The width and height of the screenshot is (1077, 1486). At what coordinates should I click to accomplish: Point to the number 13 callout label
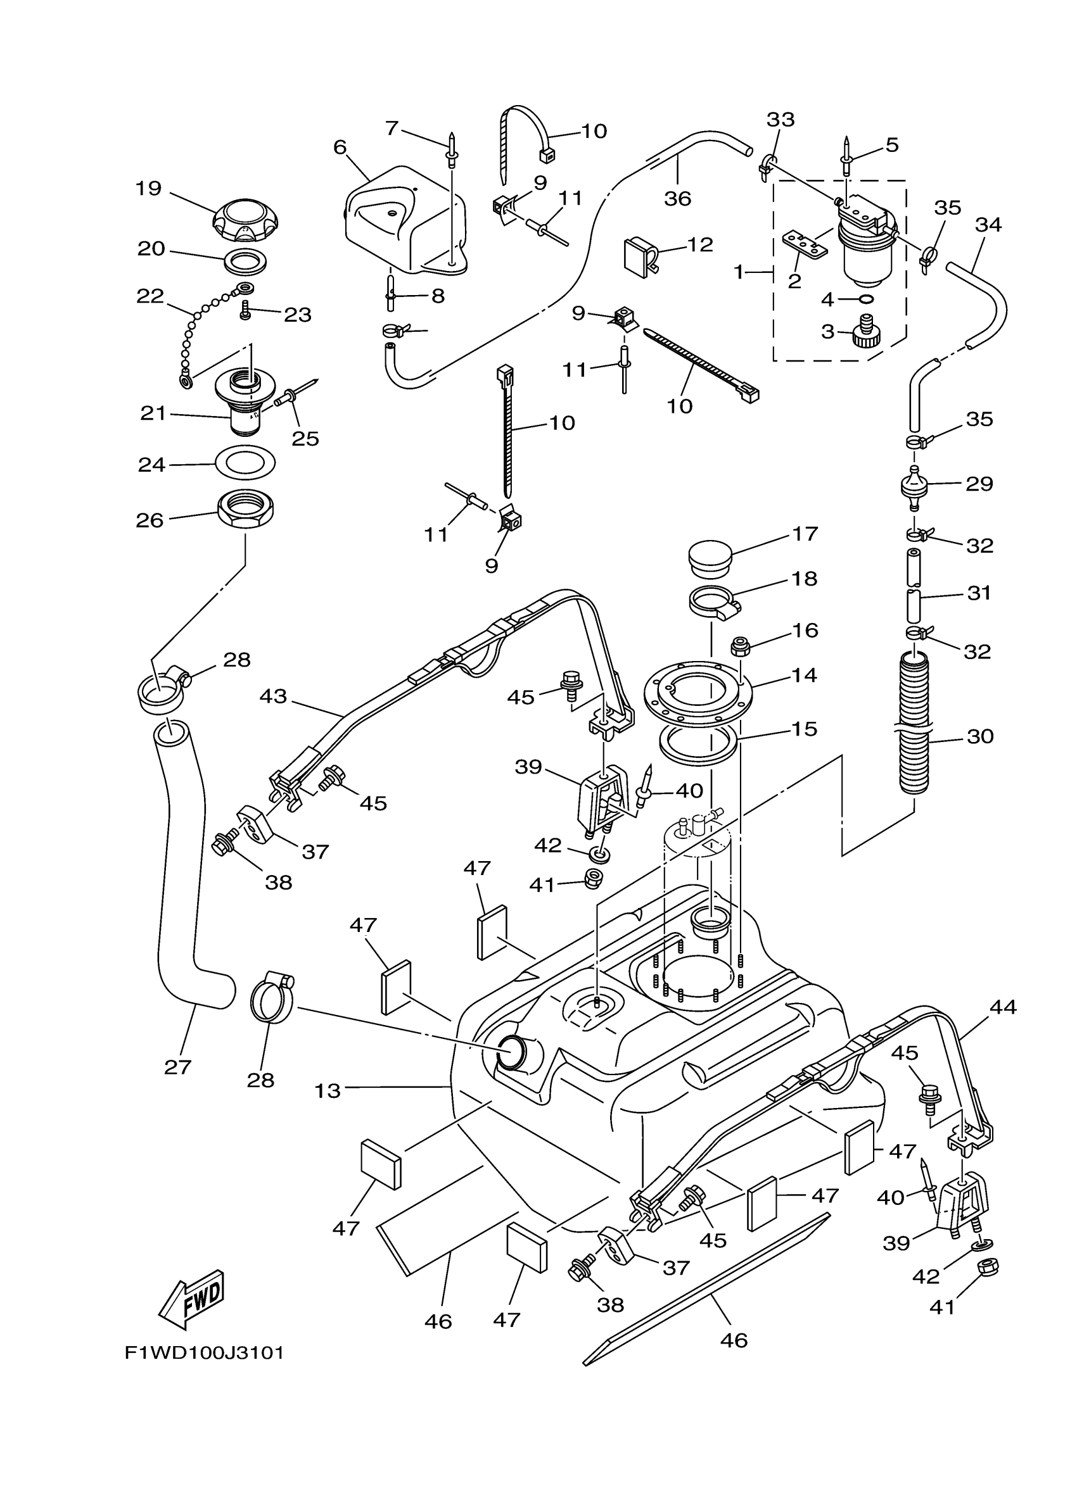(327, 1091)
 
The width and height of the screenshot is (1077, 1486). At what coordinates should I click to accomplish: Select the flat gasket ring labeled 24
(245, 463)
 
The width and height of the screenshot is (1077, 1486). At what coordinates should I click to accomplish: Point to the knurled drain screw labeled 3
(865, 333)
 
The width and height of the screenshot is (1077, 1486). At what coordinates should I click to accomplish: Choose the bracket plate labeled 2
(806, 244)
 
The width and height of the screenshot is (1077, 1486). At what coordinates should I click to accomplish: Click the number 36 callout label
(677, 198)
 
